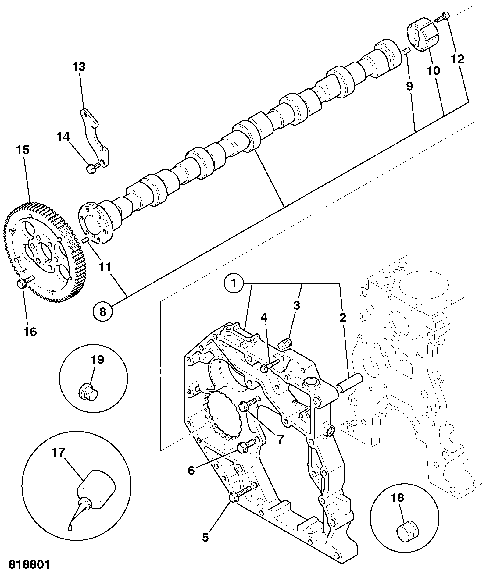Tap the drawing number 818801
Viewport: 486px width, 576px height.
tap(29, 564)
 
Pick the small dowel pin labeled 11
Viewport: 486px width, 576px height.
tap(86, 240)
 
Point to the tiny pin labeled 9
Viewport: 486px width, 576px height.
tap(406, 51)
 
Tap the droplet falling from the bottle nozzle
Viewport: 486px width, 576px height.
tap(71, 527)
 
